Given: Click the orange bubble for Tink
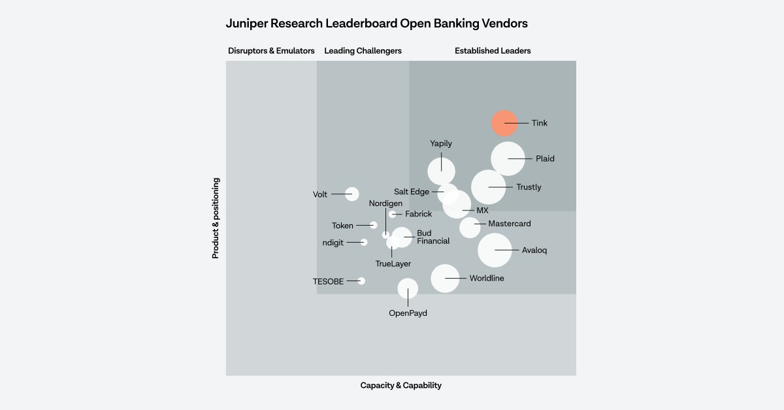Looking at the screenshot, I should tap(504, 123).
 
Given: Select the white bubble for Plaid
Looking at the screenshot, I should tap(508, 159).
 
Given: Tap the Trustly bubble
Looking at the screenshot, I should tap(488, 187).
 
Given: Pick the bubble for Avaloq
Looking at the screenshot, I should tap(495, 250).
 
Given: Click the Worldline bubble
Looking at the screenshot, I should tap(445, 279).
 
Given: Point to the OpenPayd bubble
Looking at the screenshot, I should tap(408, 288).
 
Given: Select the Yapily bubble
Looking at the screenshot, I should tap(442, 171).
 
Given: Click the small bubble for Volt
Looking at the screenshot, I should tap(352, 194).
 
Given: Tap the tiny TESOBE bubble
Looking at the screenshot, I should tap(361, 281).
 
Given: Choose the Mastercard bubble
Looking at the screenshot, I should tap(470, 228).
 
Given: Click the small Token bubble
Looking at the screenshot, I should tap(374, 225).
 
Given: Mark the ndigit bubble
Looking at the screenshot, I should tap(364, 242).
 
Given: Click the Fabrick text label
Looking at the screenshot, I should tap(418, 214).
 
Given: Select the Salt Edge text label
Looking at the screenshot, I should tap(412, 192).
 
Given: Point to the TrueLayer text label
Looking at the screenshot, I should tap(393, 264).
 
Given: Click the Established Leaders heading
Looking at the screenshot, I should tap(493, 51).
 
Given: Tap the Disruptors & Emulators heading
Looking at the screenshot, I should tap(271, 51).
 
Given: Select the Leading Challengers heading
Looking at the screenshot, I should tap(363, 51).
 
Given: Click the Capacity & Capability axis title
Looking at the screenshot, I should tap(400, 385).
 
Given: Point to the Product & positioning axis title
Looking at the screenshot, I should tap(216, 218).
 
